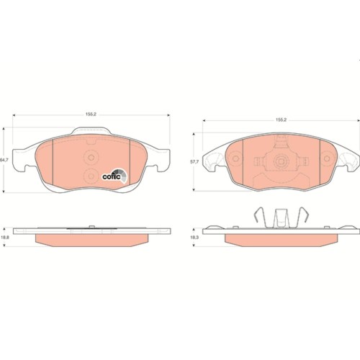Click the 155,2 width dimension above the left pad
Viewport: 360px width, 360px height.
[91, 114]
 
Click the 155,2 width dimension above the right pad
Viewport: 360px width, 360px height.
[281, 120]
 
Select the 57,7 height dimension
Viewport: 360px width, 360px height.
[194, 162]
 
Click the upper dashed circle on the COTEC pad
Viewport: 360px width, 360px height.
[91, 158]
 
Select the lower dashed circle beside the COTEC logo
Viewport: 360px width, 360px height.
[91, 176]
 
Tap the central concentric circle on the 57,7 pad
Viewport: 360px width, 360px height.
[281, 161]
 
